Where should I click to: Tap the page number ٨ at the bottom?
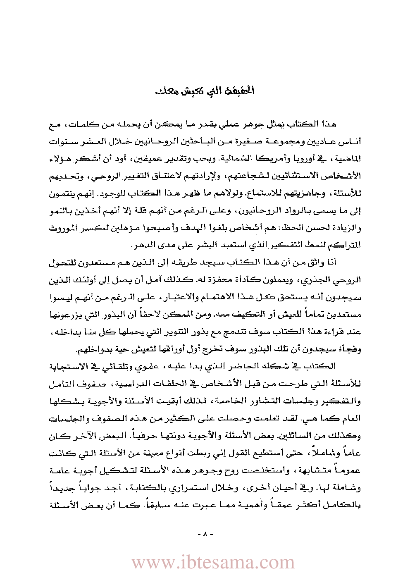(205, 534)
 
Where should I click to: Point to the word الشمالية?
(269, 159)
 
